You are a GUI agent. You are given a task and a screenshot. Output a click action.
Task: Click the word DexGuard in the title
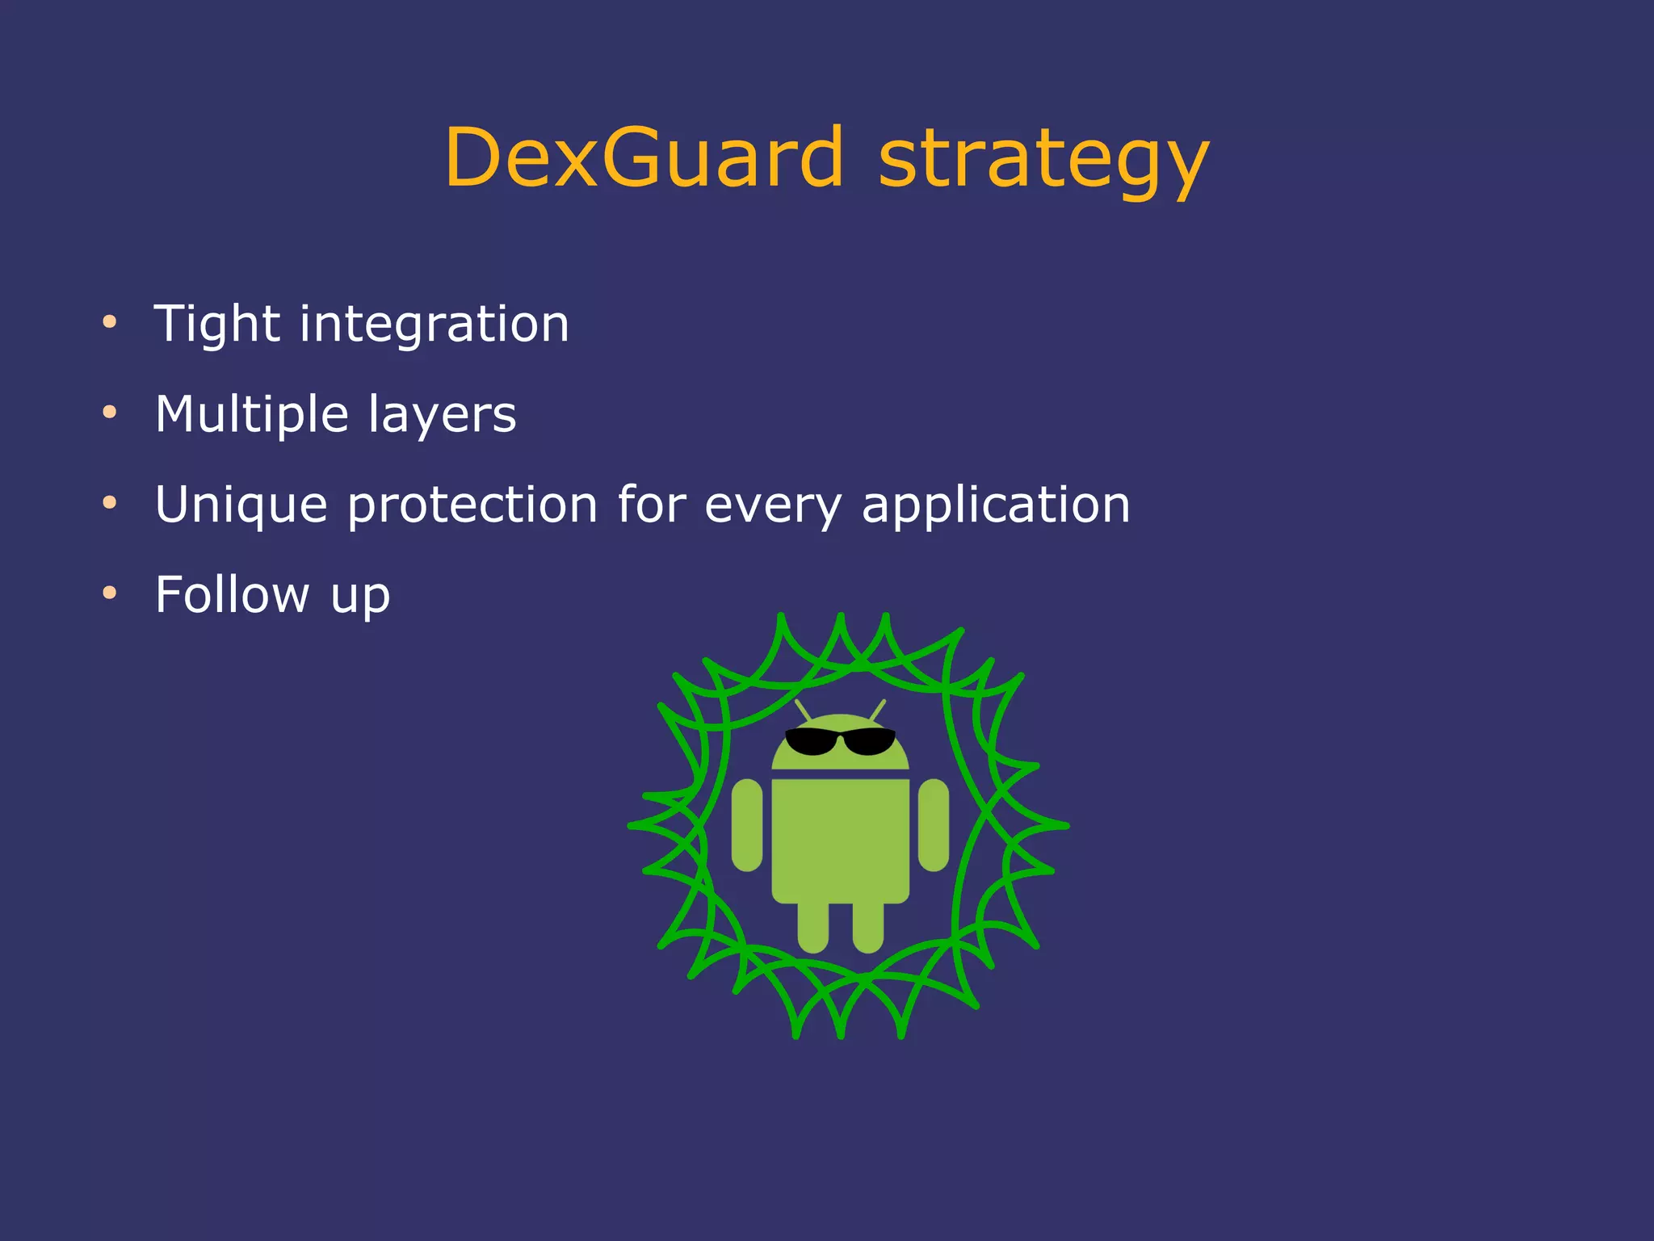(644, 158)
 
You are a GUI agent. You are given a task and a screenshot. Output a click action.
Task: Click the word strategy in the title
(1043, 161)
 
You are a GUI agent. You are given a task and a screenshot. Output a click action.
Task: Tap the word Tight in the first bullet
(216, 325)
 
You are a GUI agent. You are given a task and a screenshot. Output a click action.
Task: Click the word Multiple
(251, 416)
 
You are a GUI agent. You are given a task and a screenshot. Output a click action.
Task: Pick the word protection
(472, 506)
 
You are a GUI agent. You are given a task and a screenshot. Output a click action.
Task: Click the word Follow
(232, 595)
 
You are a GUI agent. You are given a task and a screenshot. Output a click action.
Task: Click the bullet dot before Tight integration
(110, 323)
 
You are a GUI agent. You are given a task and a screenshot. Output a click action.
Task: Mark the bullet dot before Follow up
(110, 594)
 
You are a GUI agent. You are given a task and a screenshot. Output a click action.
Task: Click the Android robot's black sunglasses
(840, 740)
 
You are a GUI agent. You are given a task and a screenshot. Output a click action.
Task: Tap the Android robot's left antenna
(803, 711)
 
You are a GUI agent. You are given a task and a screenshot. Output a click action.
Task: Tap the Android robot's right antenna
(878, 711)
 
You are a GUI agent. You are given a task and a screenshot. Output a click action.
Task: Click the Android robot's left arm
(747, 825)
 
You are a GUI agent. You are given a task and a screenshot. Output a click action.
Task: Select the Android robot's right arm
(934, 825)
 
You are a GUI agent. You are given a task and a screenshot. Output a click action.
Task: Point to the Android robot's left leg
(812, 927)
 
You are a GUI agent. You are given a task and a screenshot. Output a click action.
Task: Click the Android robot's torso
(840, 840)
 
